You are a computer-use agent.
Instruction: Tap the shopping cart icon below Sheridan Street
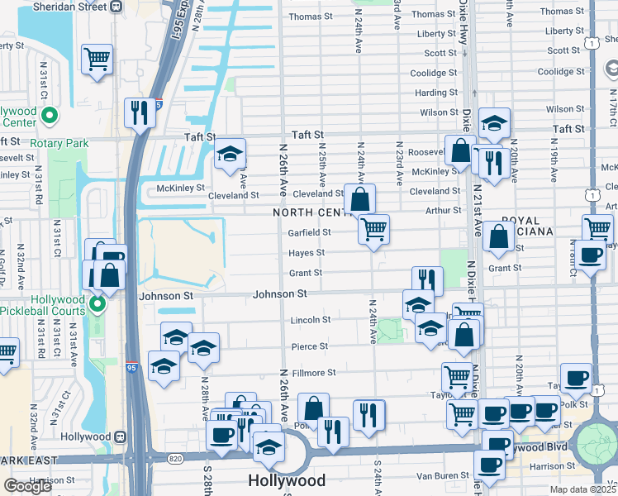97,59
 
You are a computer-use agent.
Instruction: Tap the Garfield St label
310,232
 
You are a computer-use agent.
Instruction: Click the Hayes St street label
306,253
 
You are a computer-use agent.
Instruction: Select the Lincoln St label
310,320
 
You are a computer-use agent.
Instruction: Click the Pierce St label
310,346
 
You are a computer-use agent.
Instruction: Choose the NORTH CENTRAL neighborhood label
314,213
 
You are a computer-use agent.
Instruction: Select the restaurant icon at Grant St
427,281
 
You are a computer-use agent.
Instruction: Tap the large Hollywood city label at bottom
287,480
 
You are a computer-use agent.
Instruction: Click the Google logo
27,486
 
